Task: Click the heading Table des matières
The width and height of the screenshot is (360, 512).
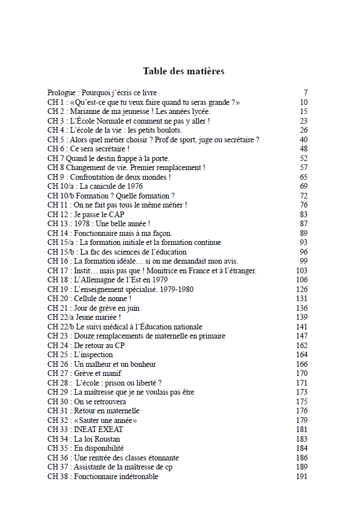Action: (x=184, y=71)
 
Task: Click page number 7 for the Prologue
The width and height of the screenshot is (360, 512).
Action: (x=305, y=92)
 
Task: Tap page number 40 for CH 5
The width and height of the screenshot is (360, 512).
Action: (x=303, y=139)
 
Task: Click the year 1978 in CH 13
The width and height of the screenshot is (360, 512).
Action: (x=83, y=223)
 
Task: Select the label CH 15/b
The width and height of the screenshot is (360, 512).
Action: (x=61, y=252)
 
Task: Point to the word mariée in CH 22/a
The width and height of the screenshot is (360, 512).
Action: (x=108, y=317)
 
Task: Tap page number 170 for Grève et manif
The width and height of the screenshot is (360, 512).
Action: (x=302, y=373)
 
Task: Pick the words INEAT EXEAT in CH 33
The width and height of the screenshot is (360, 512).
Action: (x=99, y=429)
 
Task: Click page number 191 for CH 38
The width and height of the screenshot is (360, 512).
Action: (x=302, y=476)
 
